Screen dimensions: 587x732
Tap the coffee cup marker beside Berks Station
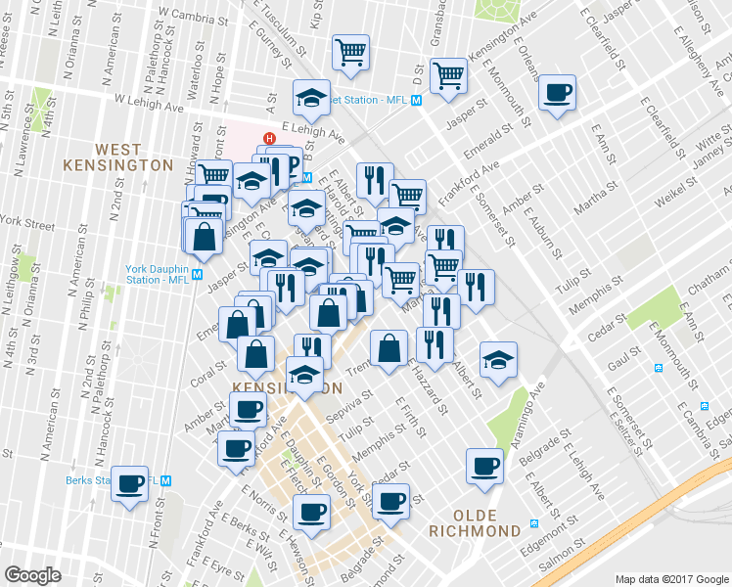pyautogui.click(x=130, y=484)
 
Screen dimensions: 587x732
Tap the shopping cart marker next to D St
pyautogui.click(x=449, y=75)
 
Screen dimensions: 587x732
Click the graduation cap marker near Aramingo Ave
pyautogui.click(x=498, y=359)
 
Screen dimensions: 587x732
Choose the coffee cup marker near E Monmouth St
pyautogui.click(x=558, y=94)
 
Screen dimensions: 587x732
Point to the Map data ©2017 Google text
pyautogui.click(x=671, y=578)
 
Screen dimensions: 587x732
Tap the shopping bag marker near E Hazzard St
pyautogui.click(x=389, y=348)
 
